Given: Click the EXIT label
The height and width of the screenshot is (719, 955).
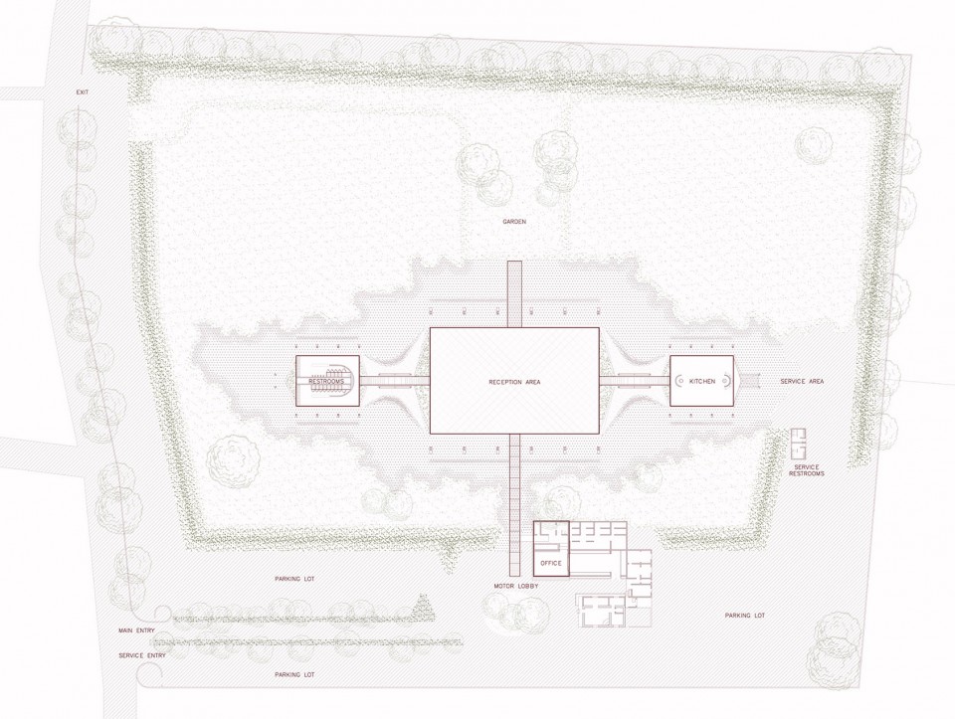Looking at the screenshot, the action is (83, 91).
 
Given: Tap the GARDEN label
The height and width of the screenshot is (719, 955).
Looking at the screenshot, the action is (514, 222).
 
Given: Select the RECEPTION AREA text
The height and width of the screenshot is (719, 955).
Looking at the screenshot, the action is (514, 382).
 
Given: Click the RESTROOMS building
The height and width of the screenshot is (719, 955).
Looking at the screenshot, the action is (327, 381).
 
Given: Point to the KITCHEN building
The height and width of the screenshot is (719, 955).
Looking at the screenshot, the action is (701, 381).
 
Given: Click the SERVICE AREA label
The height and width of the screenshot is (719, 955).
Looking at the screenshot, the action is (802, 381).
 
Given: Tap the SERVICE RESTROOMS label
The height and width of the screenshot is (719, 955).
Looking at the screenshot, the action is (807, 470).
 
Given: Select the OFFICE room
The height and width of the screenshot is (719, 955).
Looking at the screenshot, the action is (551, 549).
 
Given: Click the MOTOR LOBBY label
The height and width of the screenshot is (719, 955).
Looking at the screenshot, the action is (516, 586).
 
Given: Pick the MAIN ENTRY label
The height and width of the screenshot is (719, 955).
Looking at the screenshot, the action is (136, 630).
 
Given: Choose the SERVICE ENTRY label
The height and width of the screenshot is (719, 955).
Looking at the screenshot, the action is (142, 655).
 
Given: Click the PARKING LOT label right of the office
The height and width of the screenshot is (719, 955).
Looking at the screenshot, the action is (745, 616).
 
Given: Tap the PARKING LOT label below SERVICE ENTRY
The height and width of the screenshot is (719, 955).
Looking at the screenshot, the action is (294, 674).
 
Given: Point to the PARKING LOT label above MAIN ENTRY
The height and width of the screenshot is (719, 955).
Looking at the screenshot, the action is (294, 579).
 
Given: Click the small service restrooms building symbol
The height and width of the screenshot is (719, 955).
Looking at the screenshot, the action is (799, 445).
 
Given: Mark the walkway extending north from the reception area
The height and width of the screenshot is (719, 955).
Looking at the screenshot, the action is (514, 294).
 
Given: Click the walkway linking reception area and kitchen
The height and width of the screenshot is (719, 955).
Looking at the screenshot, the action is (635, 381).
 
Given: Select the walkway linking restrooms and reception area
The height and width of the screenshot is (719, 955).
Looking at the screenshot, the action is (395, 381).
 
